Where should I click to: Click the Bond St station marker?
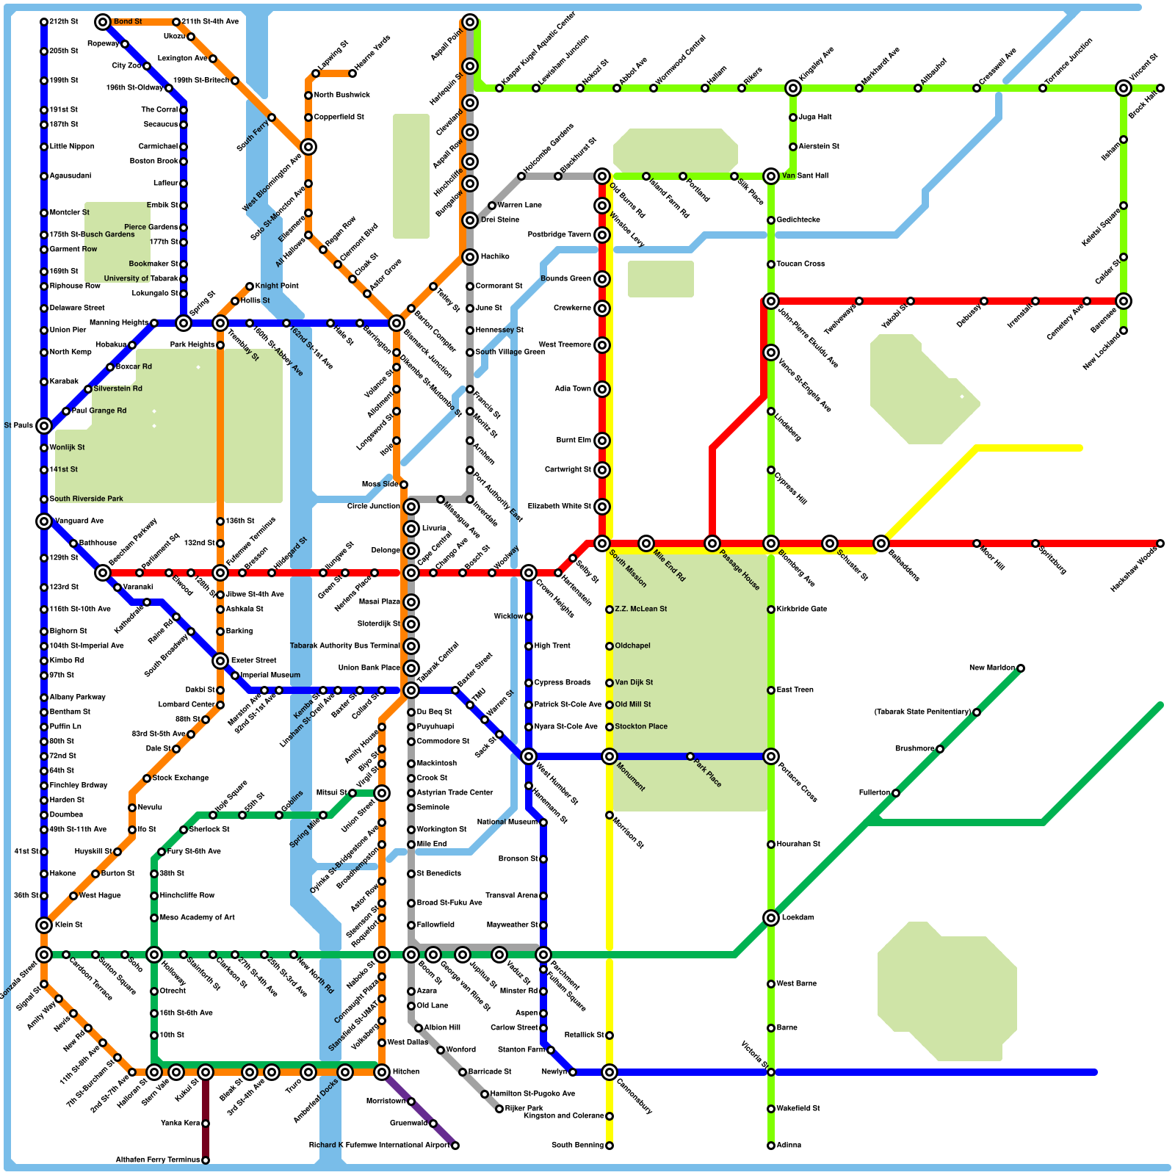103,22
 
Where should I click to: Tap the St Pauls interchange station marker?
44,426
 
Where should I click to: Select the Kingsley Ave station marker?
793,88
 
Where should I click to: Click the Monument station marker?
610,756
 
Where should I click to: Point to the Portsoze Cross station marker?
771,756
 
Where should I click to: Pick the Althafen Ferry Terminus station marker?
206,1160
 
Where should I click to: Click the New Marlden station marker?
1021,668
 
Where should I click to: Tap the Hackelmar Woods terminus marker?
1160,543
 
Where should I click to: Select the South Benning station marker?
610,1146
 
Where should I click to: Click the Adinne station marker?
771,1146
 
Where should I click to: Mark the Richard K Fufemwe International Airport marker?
455,1146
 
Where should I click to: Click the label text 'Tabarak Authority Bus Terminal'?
344,646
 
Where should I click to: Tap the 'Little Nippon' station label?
72,147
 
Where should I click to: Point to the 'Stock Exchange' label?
181,778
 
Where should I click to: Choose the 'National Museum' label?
507,822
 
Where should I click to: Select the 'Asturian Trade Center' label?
455,793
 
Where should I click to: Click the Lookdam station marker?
771,918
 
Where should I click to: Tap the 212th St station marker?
44,22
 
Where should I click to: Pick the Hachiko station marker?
470,257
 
